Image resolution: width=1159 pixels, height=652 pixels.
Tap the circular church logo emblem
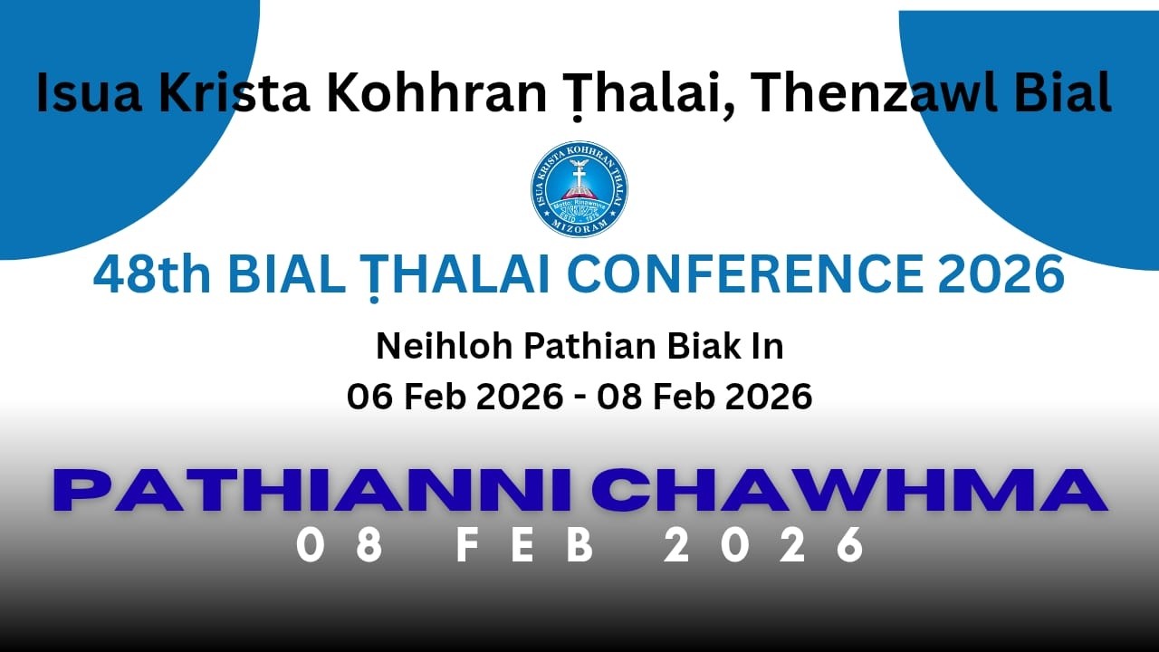point(579,189)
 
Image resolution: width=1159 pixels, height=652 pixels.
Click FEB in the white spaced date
point(525,546)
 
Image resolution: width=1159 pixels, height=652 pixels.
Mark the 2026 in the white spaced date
point(765,546)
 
